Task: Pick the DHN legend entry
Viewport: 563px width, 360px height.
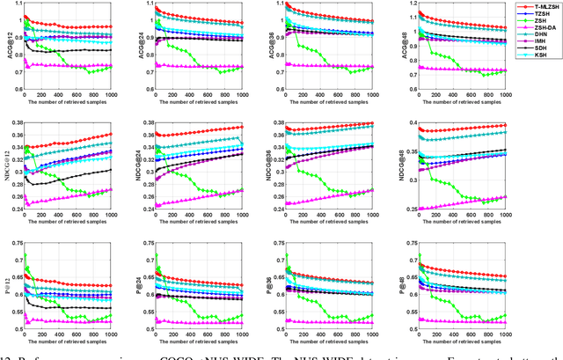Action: (x=538, y=33)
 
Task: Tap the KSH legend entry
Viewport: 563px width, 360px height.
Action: (x=538, y=54)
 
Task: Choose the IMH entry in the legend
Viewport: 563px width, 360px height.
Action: (x=538, y=40)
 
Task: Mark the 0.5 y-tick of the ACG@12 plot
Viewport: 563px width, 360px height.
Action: (x=17, y=91)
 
